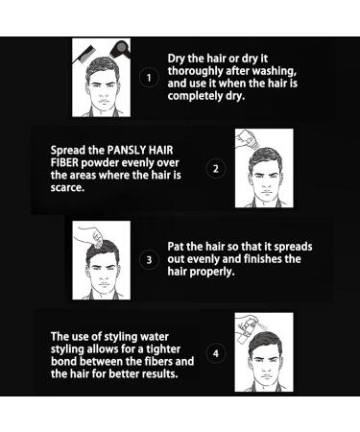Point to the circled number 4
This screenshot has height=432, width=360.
coord(216,352)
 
